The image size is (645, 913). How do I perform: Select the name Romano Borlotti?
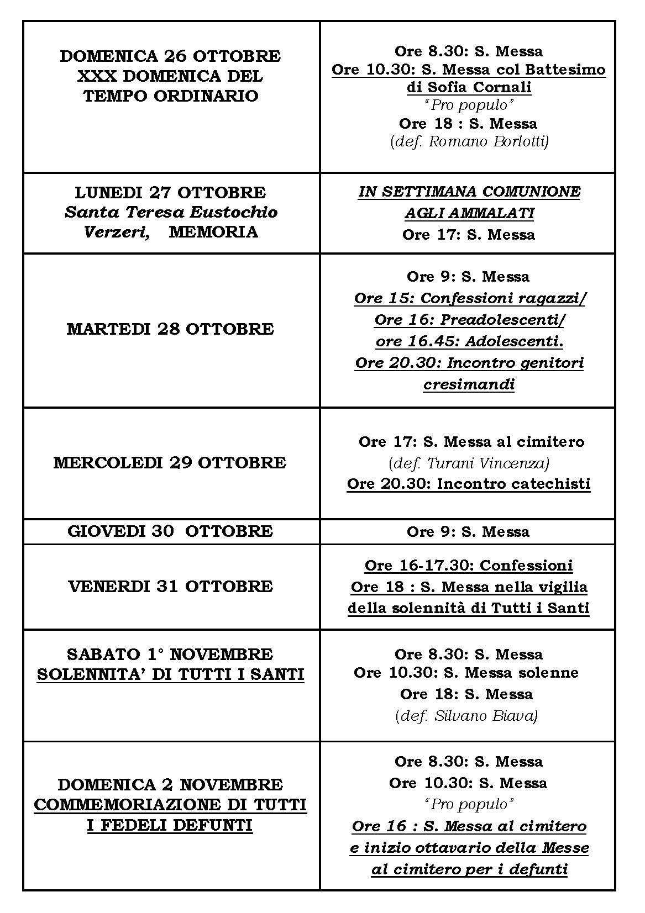pyautogui.click(x=488, y=142)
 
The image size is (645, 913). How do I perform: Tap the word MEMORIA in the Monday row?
pyautogui.click(x=213, y=231)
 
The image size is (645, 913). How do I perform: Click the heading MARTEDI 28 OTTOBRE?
pyautogui.click(x=170, y=329)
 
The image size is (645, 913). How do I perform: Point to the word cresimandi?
pyautogui.click(x=469, y=384)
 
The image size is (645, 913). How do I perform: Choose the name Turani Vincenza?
pyautogui.click(x=488, y=463)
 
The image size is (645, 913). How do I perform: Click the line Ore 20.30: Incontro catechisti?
pyautogui.click(x=469, y=484)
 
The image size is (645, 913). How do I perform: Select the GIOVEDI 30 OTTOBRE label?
pyautogui.click(x=170, y=531)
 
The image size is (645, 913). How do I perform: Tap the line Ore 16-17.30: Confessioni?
pyautogui.click(x=469, y=566)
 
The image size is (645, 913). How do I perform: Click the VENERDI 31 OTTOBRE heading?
pyautogui.click(x=170, y=586)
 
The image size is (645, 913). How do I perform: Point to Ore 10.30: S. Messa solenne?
pyautogui.click(x=466, y=673)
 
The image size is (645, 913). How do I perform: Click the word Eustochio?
pyautogui.click(x=234, y=212)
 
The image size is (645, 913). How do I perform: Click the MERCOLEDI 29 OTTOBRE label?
pyautogui.click(x=170, y=463)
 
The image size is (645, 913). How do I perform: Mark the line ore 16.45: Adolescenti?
pyautogui.click(x=469, y=341)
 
